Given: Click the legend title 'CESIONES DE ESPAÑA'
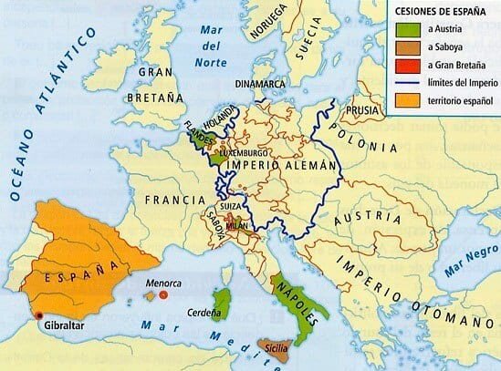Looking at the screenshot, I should [433, 12].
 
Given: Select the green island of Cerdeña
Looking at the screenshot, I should [219, 302].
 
